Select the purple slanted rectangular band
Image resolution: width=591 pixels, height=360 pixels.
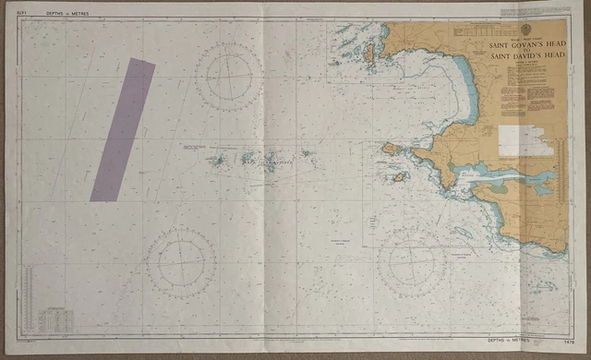point(122,129)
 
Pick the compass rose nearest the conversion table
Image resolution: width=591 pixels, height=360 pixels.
point(181,263)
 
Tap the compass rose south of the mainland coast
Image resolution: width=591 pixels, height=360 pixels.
point(412,262)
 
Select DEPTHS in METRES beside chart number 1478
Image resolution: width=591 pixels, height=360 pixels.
point(518,341)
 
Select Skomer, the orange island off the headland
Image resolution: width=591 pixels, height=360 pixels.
point(390,148)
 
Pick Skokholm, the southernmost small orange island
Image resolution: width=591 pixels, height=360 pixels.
point(399,176)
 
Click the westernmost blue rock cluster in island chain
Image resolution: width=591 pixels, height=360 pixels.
point(218,160)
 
